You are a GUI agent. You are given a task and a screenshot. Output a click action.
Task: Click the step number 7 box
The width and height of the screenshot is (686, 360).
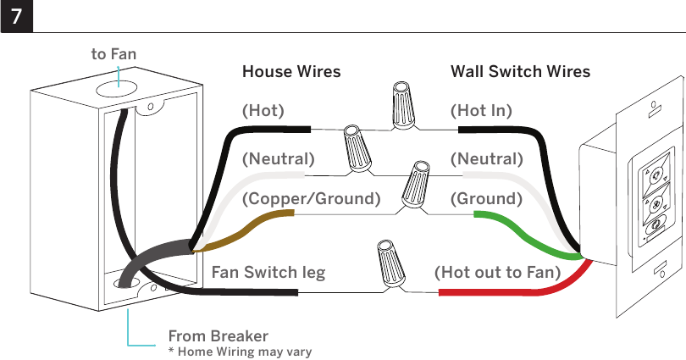(17, 16)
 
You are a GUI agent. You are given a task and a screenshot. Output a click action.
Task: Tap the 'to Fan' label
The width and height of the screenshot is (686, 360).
(113, 54)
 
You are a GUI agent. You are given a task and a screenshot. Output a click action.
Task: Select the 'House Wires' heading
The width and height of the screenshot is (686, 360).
(291, 71)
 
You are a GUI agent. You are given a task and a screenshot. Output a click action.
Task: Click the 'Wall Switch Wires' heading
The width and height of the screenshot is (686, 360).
(520, 71)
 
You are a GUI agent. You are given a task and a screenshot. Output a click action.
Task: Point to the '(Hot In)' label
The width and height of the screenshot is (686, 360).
(481, 110)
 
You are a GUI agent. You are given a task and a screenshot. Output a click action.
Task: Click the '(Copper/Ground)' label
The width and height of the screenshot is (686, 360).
(311, 198)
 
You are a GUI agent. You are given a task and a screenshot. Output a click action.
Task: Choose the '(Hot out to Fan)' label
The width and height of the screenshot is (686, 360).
(497, 272)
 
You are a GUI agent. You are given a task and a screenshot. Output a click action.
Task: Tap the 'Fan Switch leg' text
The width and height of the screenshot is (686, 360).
(268, 272)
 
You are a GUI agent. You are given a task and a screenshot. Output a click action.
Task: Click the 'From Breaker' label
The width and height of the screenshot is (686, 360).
(218, 336)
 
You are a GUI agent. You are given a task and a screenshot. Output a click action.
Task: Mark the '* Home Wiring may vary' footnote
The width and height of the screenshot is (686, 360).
(241, 352)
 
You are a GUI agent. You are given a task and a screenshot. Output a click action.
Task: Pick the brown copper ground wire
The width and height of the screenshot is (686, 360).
(245, 230)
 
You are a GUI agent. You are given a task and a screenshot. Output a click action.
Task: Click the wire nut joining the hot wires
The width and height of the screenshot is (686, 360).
(403, 105)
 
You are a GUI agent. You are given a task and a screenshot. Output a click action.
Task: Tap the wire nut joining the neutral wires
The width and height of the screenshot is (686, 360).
(358, 148)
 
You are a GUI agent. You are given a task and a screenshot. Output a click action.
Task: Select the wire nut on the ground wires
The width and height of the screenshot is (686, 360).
(415, 184)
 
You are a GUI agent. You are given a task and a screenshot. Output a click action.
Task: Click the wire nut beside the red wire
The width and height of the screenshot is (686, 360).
(391, 263)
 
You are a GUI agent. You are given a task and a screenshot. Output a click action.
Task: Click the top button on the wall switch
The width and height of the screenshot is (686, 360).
(655, 176)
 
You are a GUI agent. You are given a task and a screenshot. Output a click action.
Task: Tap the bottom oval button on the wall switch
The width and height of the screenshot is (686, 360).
(656, 225)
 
